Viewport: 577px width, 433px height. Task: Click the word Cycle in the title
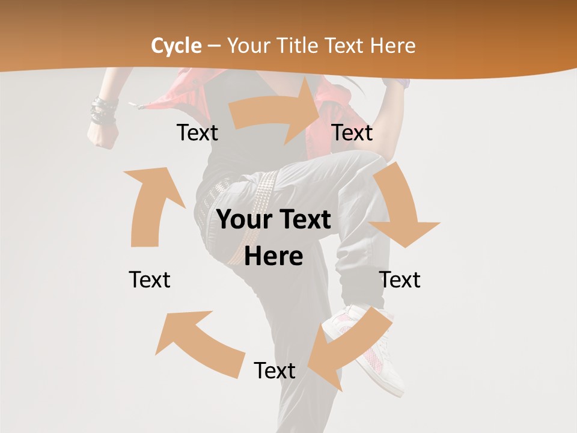point(176,46)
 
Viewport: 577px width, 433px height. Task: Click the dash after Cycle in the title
point(214,46)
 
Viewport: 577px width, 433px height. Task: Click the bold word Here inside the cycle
point(273,257)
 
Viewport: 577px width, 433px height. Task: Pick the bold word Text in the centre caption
point(303,220)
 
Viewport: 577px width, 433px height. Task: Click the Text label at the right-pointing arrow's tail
point(197,133)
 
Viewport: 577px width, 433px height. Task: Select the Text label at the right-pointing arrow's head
point(352,133)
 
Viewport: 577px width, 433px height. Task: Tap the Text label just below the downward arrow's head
point(400,280)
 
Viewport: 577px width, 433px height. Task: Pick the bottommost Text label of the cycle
point(274,370)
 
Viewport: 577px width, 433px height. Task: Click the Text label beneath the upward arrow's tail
point(150,280)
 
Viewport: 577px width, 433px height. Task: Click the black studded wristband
point(103,112)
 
